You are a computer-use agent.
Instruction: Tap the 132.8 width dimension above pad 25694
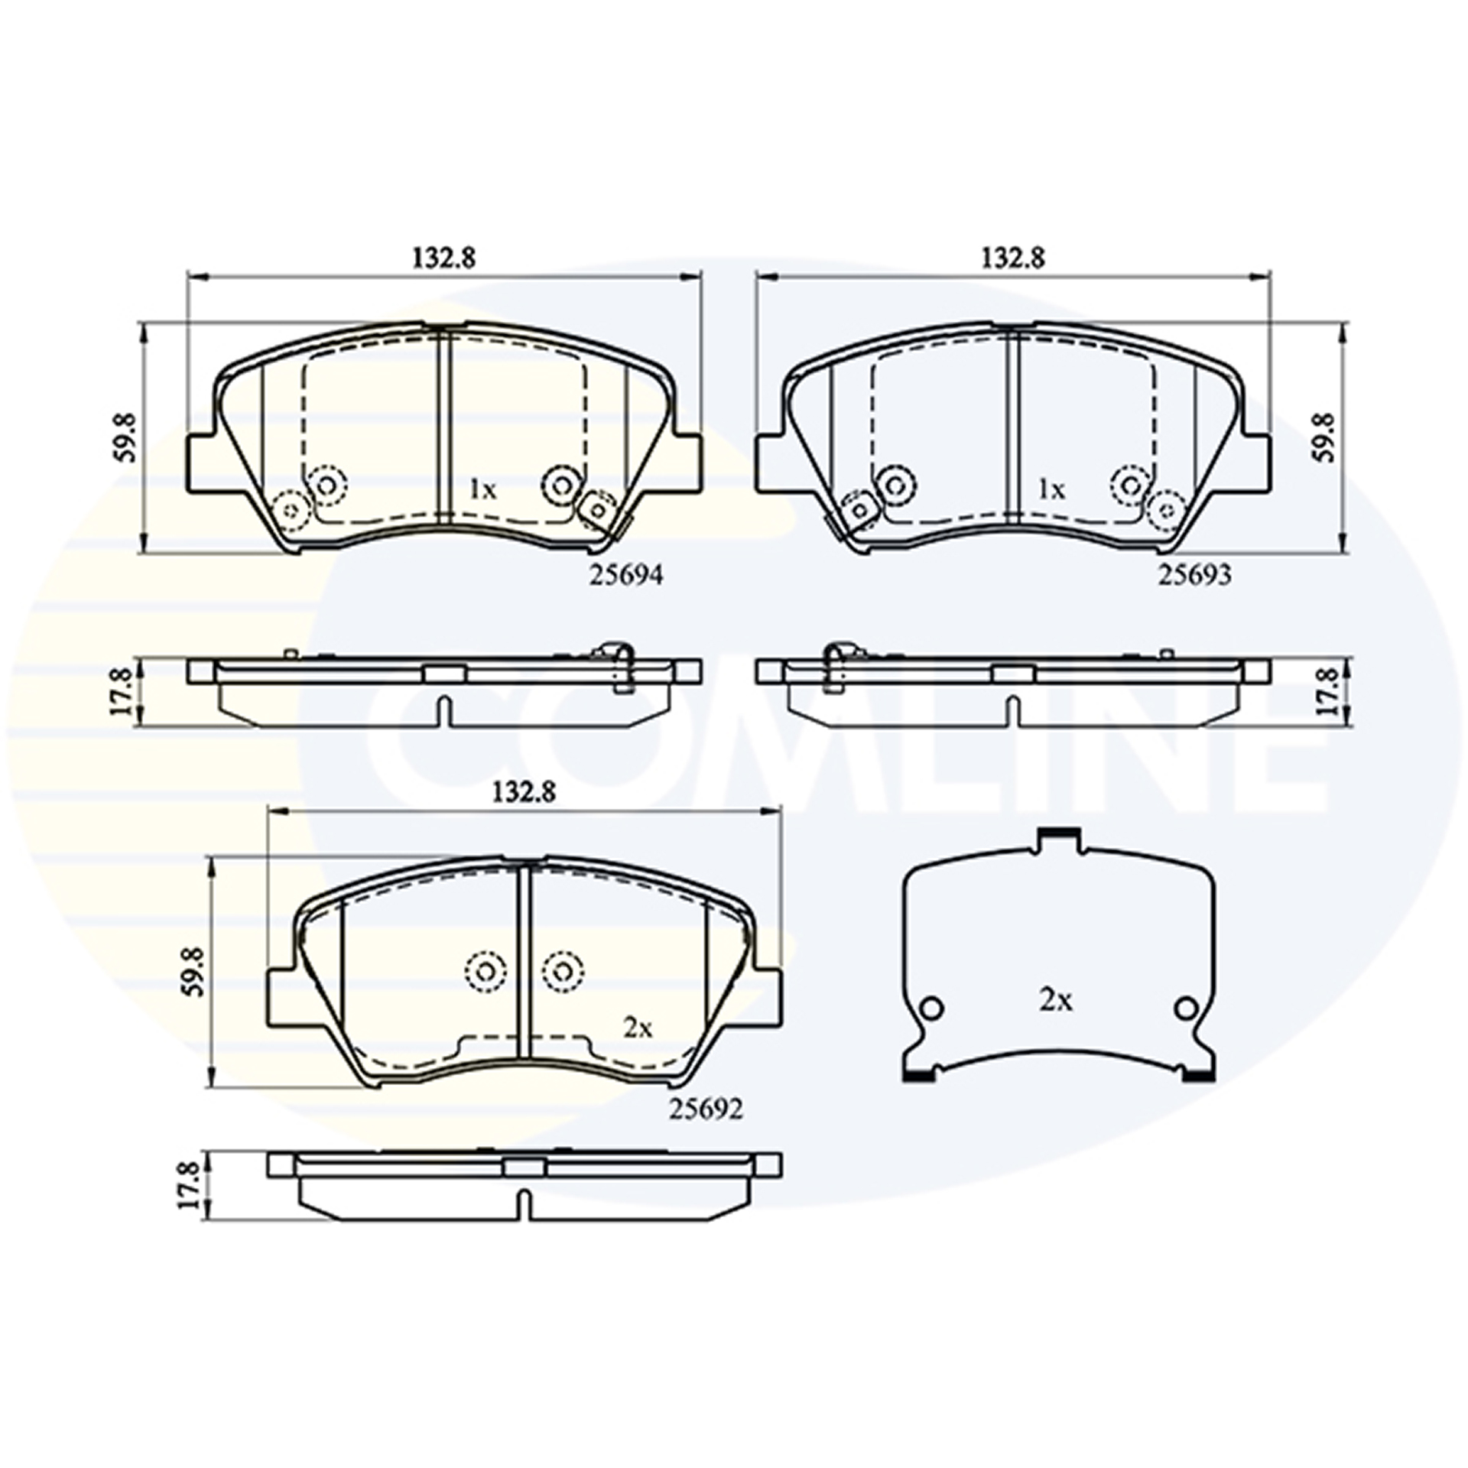point(444,258)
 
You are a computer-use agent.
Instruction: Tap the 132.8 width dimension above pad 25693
point(1013,258)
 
